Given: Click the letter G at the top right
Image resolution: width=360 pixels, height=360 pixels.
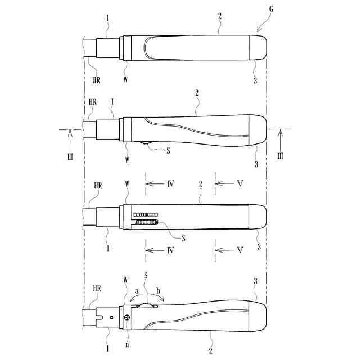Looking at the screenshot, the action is (271, 9).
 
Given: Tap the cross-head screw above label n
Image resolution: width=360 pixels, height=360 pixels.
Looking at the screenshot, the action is (127, 317).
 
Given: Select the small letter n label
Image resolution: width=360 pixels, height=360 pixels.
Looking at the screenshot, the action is (127, 344).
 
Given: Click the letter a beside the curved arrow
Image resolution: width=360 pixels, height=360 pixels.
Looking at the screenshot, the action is (137, 291).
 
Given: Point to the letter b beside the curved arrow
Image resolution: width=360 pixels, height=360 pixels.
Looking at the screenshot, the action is (158, 291).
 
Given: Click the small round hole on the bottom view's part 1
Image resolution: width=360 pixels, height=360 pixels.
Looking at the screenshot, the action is (111, 317).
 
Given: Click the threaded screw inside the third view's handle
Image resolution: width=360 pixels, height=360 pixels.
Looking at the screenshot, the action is (147, 222).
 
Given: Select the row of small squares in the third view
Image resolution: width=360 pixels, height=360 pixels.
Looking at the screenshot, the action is (146, 215).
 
